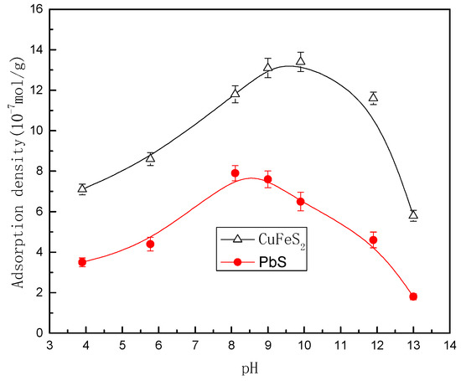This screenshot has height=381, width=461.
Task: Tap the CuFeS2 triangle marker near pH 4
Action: point(82,188)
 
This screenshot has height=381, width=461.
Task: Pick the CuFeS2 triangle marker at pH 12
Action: point(373,98)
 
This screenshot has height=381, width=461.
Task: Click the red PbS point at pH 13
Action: point(413,296)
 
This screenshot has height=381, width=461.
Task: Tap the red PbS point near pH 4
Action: point(82,262)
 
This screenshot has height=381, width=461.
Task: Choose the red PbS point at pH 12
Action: point(373,239)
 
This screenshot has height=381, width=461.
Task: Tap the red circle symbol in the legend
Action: point(237,262)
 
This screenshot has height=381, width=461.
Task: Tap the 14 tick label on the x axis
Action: point(449,345)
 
